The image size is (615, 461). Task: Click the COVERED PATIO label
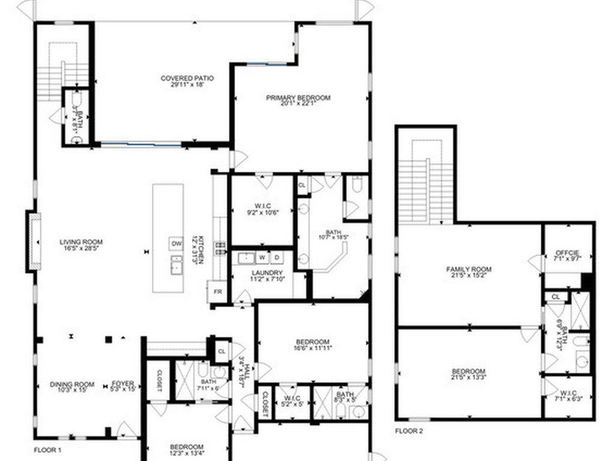tap(187, 78)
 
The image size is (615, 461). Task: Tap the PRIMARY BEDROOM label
tap(298, 97)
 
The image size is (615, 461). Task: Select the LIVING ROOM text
tap(77, 242)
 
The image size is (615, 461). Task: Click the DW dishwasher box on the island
tap(176, 244)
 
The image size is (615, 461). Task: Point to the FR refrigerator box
tap(217, 291)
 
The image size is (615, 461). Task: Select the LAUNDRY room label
tap(267, 273)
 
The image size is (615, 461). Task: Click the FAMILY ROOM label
tap(468, 269)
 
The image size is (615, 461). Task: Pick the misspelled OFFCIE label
tap(568, 252)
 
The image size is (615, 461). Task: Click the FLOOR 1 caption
tap(47, 450)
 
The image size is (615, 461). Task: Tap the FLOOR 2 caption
tap(409, 431)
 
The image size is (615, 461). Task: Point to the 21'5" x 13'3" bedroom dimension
tap(468, 379)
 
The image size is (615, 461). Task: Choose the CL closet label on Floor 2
tap(556, 297)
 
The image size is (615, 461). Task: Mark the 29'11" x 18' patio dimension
tap(187, 85)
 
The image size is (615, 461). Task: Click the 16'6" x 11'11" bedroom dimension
tap(313, 347)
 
